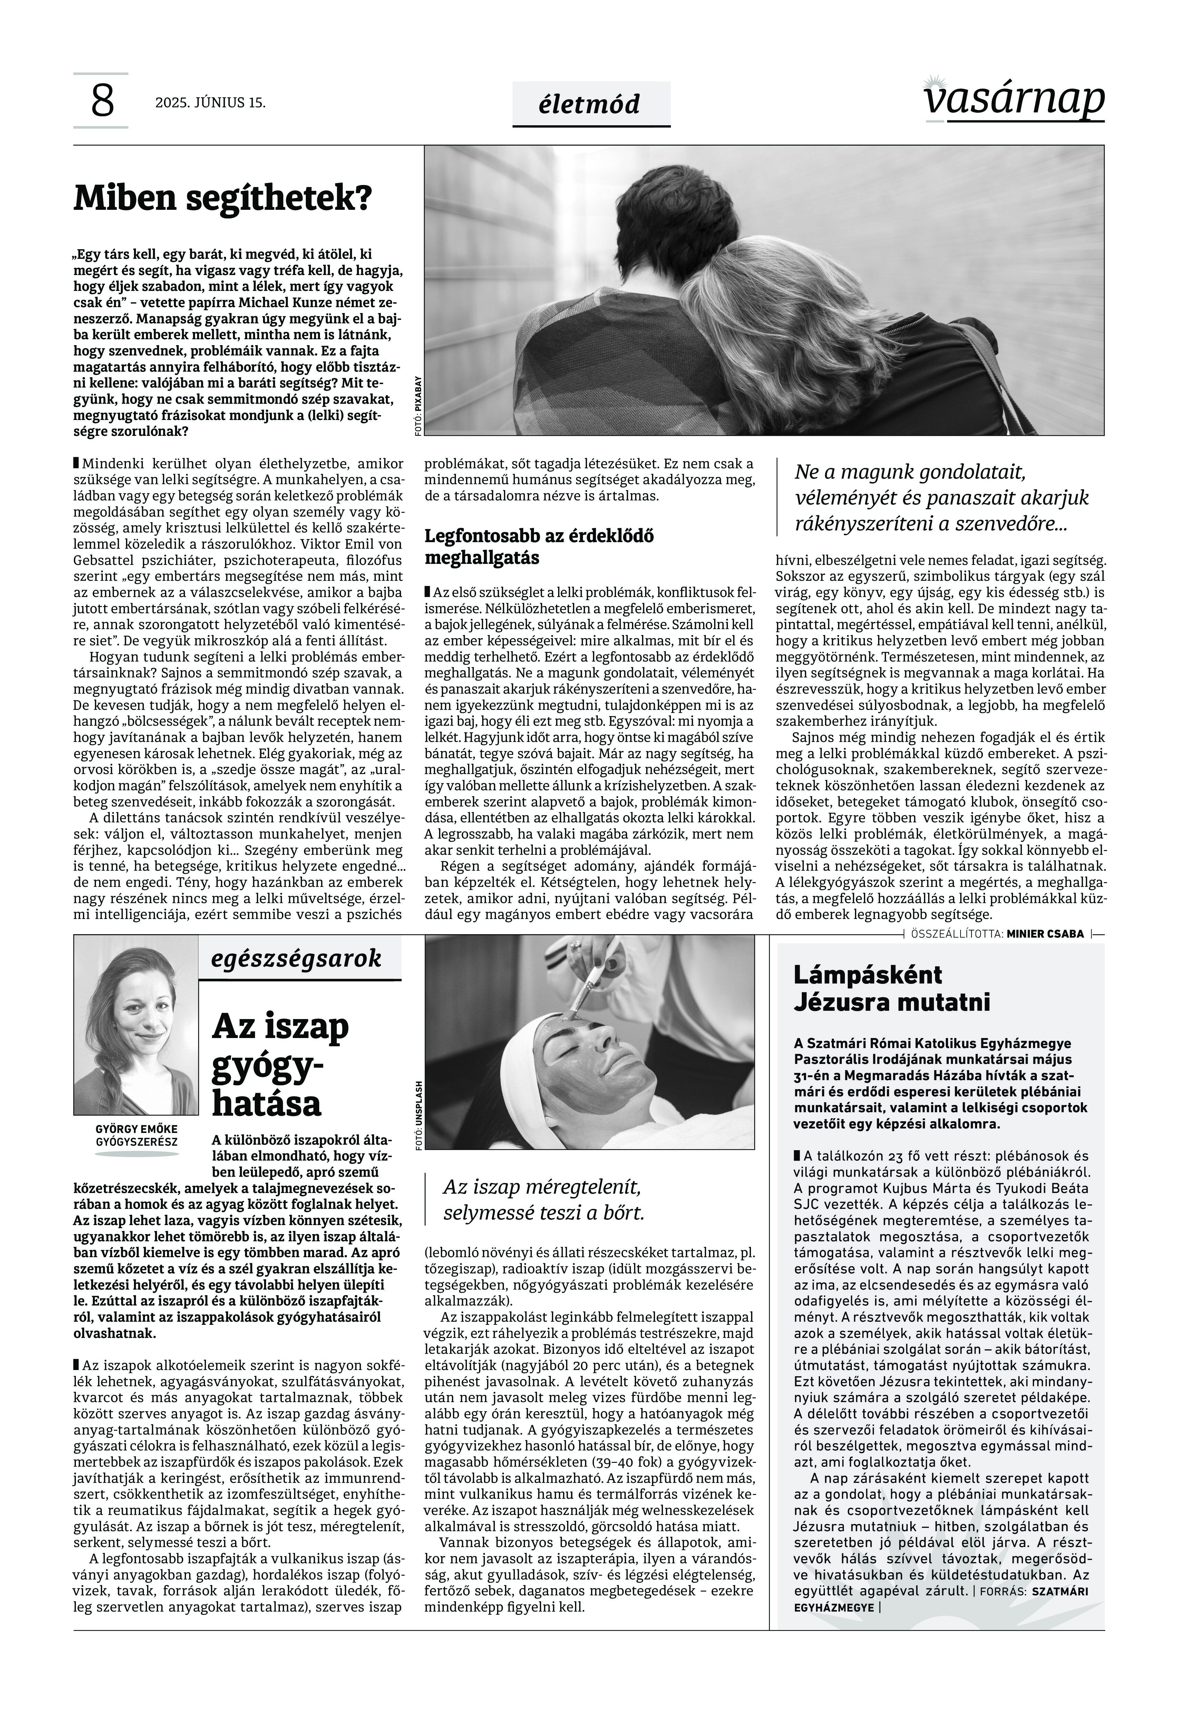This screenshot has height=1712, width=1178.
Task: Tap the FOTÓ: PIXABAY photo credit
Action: (x=419, y=406)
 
